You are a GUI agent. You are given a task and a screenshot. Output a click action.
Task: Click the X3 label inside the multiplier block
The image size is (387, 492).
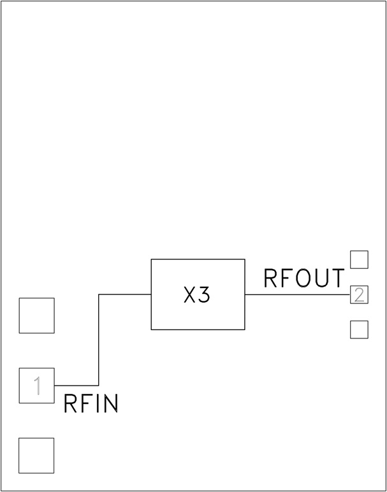(196, 296)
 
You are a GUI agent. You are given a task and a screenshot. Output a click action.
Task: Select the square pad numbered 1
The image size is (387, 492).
(36, 386)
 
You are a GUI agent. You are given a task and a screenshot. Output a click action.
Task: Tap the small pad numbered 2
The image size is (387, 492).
(360, 294)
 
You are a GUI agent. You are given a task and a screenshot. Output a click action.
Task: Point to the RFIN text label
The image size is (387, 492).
(91, 405)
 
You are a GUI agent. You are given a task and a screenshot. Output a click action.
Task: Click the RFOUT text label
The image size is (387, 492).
(304, 279)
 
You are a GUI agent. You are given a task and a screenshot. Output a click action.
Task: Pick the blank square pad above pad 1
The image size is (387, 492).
(36, 315)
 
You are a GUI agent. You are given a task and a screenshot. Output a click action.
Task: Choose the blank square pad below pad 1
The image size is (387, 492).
(36, 456)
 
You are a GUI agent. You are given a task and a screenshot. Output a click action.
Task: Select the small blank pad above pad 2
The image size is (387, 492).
(360, 259)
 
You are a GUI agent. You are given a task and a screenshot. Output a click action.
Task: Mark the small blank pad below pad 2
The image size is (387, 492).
(360, 329)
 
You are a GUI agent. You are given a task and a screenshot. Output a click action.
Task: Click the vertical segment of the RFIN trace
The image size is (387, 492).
(99, 340)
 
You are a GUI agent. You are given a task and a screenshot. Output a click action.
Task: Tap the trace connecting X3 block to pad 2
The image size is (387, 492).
(297, 294)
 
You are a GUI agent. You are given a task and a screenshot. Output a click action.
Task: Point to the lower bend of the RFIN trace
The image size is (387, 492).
(99, 386)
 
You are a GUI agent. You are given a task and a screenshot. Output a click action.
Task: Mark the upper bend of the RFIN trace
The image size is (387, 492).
(99, 294)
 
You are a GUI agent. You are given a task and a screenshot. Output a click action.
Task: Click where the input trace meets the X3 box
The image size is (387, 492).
(151, 294)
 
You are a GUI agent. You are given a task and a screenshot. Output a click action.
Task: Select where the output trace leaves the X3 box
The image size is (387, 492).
(245, 294)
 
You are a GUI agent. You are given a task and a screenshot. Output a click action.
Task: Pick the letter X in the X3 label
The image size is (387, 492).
(189, 296)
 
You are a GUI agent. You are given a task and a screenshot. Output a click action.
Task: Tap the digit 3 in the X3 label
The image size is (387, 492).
(204, 296)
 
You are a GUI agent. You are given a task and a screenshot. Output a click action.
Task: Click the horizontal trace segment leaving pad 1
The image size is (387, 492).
(77, 386)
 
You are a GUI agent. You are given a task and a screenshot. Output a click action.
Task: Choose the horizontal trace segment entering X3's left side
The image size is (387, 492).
(125, 294)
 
